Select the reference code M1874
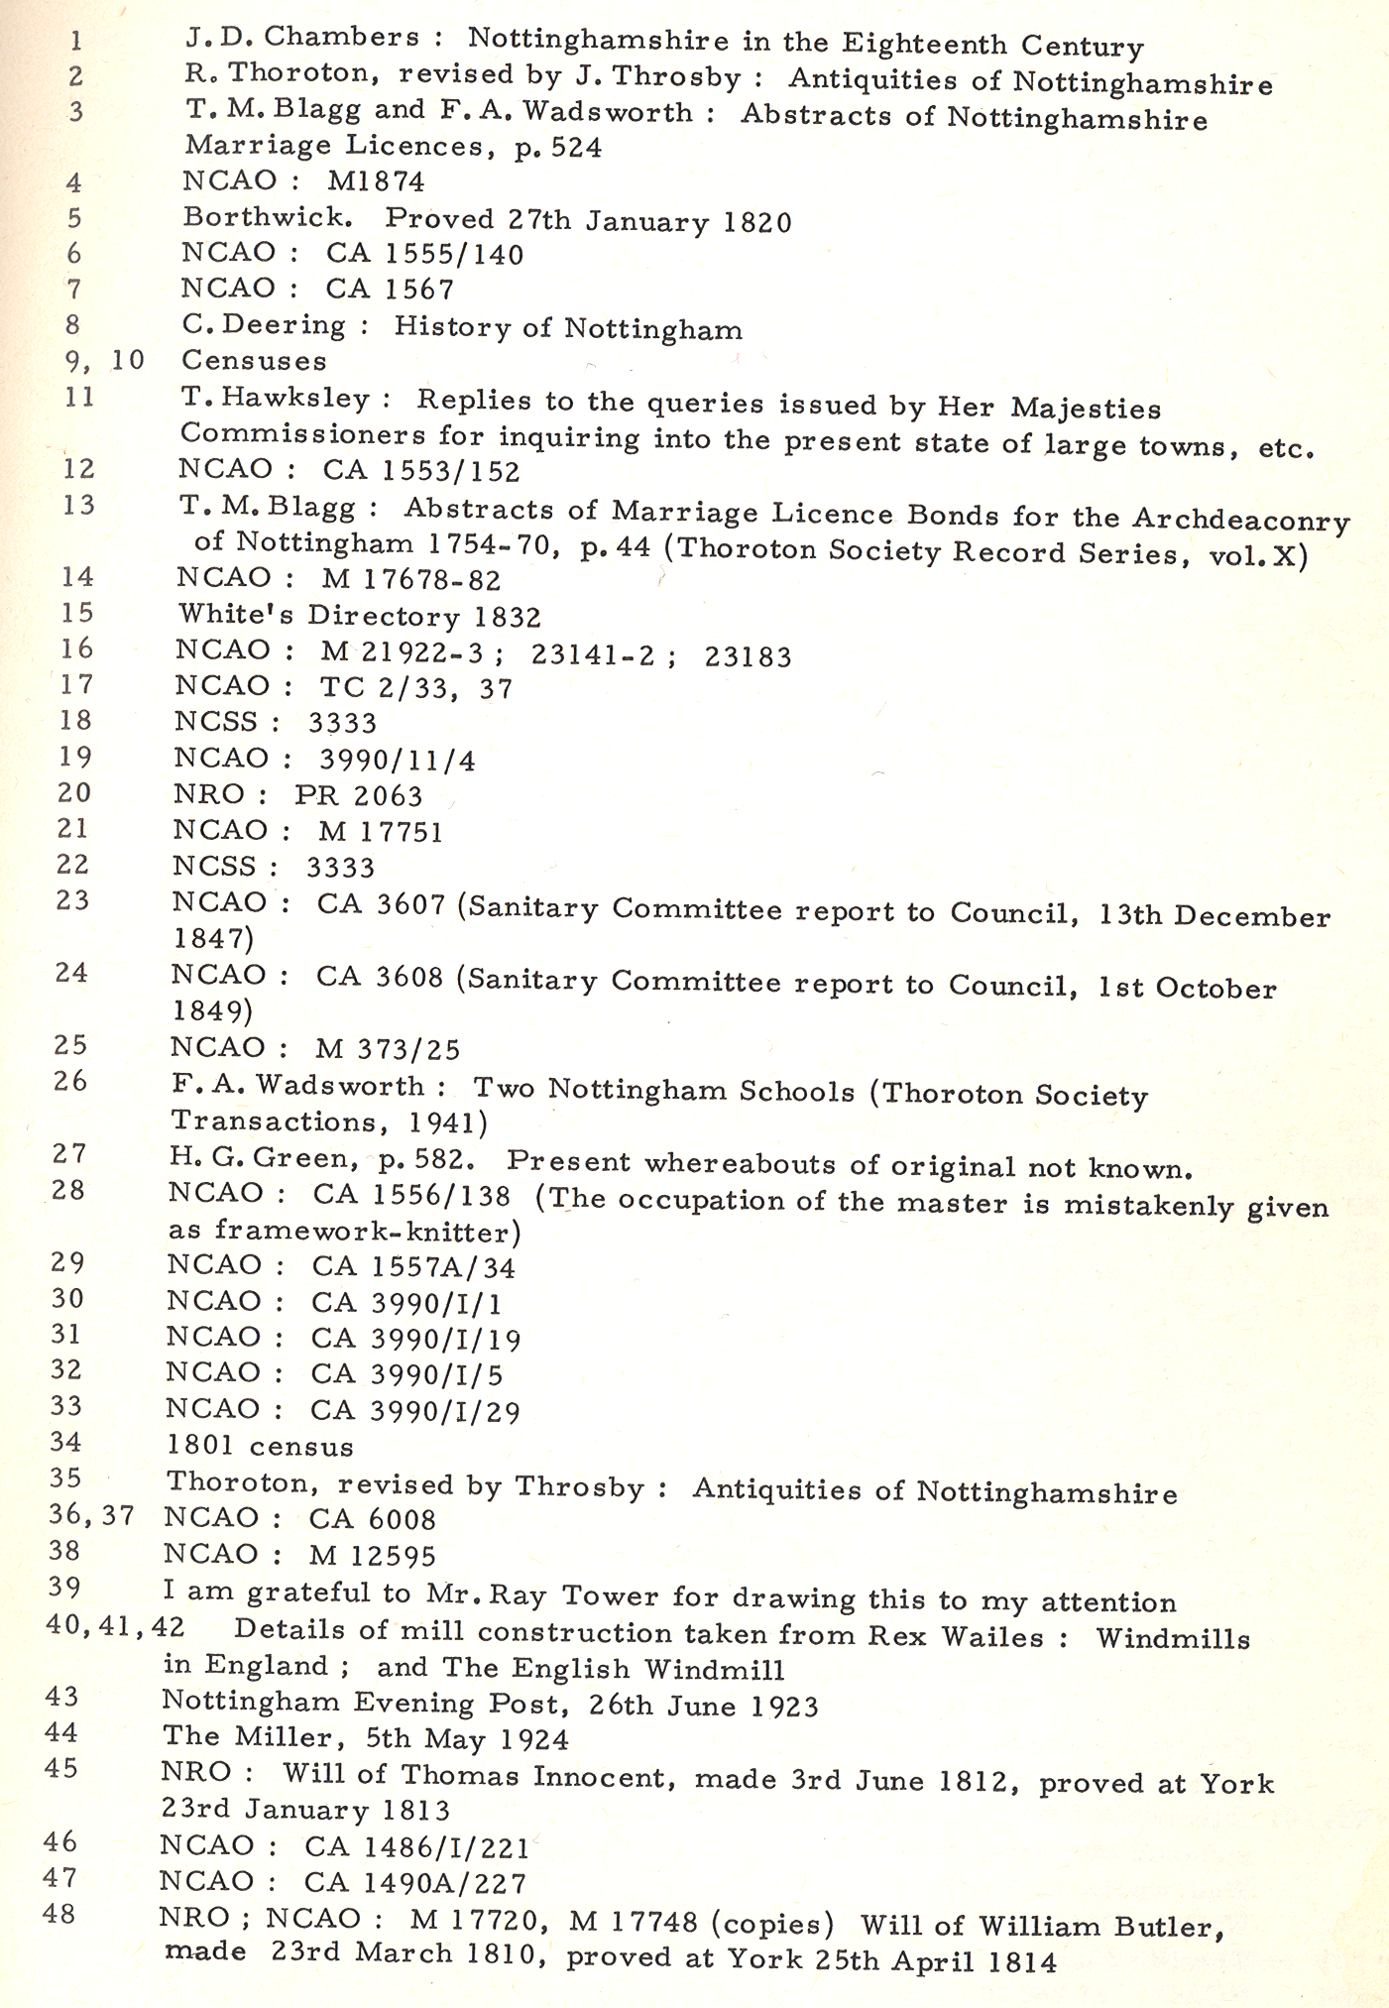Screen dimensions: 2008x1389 [376, 181]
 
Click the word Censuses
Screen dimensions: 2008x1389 [254, 361]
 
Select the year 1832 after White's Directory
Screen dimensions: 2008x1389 [507, 617]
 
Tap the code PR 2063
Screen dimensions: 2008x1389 [359, 795]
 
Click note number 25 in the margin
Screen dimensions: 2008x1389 [71, 1045]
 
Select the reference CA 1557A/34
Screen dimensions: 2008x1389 [413, 1267]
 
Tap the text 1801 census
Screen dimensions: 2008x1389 [260, 1447]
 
